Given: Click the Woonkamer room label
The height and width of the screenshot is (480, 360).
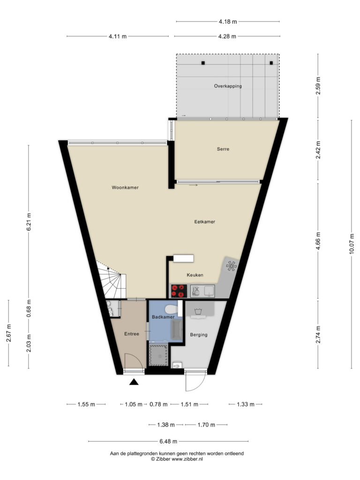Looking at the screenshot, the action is [125, 187].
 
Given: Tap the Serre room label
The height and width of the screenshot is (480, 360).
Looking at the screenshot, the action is [223, 149].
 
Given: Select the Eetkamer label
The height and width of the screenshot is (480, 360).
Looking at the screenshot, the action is [204, 222].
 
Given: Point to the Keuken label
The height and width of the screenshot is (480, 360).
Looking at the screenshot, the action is [195, 275].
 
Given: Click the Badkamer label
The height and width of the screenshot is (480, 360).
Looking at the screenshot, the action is [163, 317].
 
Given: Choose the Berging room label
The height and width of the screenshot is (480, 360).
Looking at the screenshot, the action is [199, 335].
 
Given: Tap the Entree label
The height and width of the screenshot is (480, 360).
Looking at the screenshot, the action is [132, 334].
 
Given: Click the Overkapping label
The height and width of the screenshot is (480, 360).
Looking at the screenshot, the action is [228, 86].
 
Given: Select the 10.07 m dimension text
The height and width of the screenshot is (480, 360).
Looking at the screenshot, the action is [352, 244].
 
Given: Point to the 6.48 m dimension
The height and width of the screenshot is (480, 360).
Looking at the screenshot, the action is [168, 441].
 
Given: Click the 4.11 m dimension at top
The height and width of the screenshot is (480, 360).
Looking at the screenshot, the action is [118, 37].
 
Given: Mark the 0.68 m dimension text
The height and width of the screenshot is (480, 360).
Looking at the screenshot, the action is [29, 309].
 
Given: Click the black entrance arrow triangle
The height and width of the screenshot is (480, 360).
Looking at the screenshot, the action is [134, 382].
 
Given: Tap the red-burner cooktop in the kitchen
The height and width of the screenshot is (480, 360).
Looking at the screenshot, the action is [179, 291].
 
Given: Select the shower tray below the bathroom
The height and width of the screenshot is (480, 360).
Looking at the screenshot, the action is [158, 355].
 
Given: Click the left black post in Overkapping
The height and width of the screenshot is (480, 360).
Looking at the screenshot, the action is [203, 63].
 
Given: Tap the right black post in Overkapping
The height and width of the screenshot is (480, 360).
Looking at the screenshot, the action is [271, 63].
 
